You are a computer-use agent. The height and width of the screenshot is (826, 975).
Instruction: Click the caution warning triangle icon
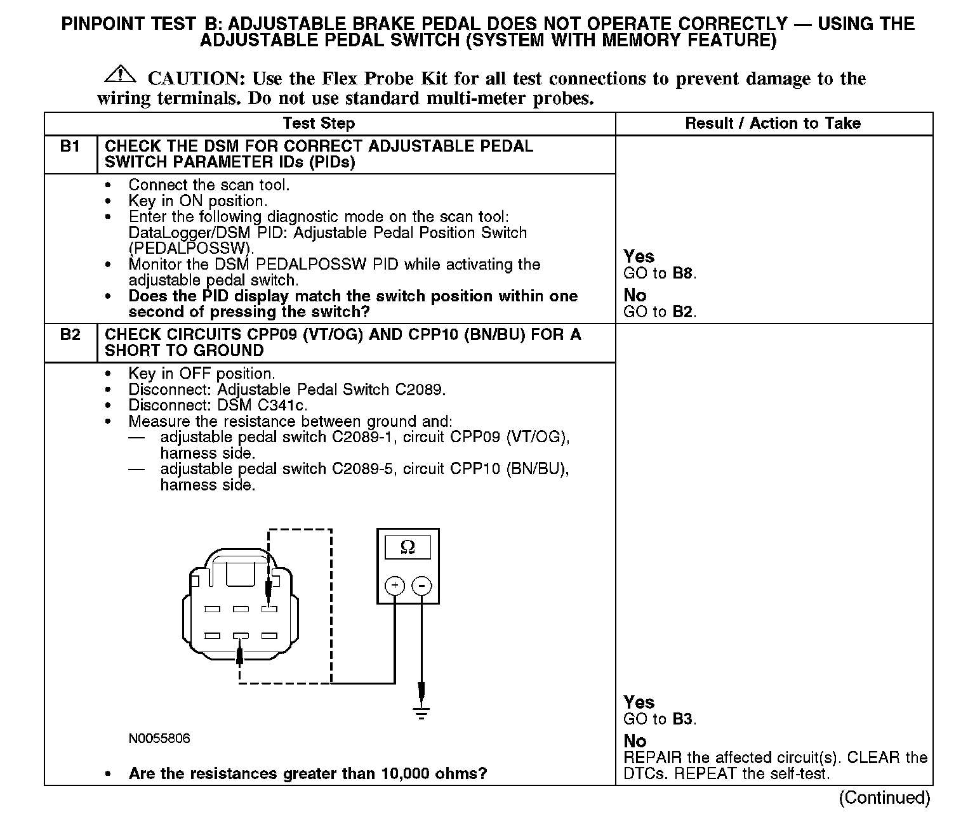[x=119, y=75]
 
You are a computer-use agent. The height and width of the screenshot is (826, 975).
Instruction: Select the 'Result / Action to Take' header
[x=773, y=124]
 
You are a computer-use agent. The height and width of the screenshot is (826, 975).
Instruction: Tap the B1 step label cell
[x=70, y=147]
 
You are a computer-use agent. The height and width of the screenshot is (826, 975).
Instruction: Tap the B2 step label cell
[x=70, y=335]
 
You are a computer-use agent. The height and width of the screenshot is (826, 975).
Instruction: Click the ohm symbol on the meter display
[x=408, y=547]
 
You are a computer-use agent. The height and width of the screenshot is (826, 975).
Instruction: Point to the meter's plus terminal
[x=395, y=585]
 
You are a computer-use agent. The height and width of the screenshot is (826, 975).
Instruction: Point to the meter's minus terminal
[x=423, y=585]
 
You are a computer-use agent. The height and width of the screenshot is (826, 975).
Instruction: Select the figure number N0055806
[x=159, y=738]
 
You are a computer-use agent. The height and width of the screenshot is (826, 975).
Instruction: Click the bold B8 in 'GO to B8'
[x=683, y=274]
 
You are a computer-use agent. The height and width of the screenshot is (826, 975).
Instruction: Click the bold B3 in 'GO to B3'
[x=683, y=719]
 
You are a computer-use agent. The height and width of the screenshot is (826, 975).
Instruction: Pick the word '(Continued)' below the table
[x=884, y=797]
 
